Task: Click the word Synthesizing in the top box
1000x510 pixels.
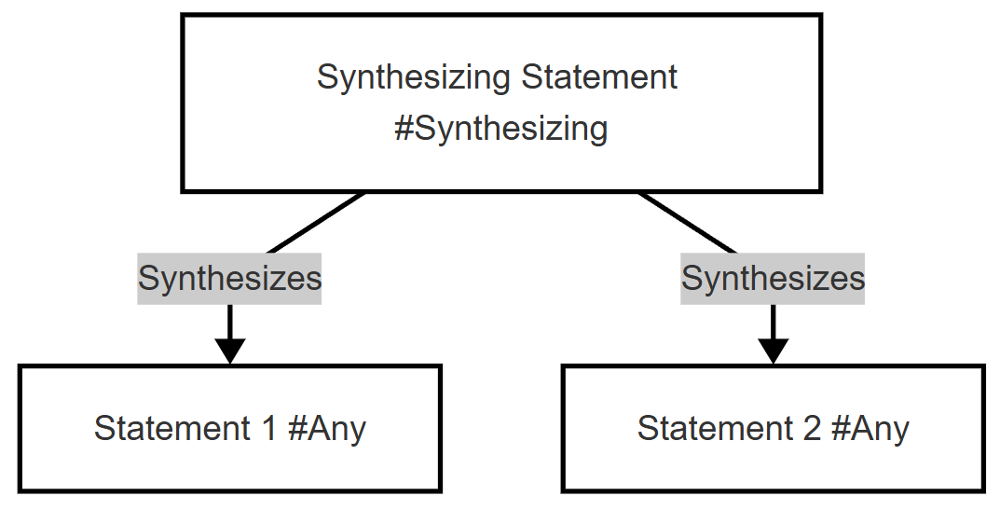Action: (x=413, y=78)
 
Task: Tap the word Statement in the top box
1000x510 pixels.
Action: (x=599, y=77)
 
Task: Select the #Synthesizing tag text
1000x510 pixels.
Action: (x=500, y=129)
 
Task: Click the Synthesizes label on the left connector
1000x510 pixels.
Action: (x=229, y=279)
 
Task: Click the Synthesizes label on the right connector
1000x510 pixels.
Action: (x=773, y=279)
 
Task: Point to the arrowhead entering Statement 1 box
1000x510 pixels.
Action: (x=230, y=351)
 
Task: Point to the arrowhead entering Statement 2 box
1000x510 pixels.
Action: (x=774, y=351)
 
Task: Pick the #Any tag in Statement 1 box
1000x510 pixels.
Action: (x=327, y=429)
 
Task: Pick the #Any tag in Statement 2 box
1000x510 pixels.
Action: (x=870, y=429)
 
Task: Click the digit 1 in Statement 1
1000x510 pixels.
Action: (x=267, y=428)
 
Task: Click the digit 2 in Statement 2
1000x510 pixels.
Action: (x=812, y=428)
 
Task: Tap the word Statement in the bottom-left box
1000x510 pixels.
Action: (x=172, y=428)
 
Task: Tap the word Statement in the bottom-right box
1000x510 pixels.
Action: (x=716, y=428)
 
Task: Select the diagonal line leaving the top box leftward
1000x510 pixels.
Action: (x=316, y=222)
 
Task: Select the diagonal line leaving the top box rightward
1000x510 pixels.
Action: (x=687, y=222)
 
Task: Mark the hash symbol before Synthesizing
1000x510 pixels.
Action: (x=405, y=129)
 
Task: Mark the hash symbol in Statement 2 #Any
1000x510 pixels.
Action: (x=842, y=428)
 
